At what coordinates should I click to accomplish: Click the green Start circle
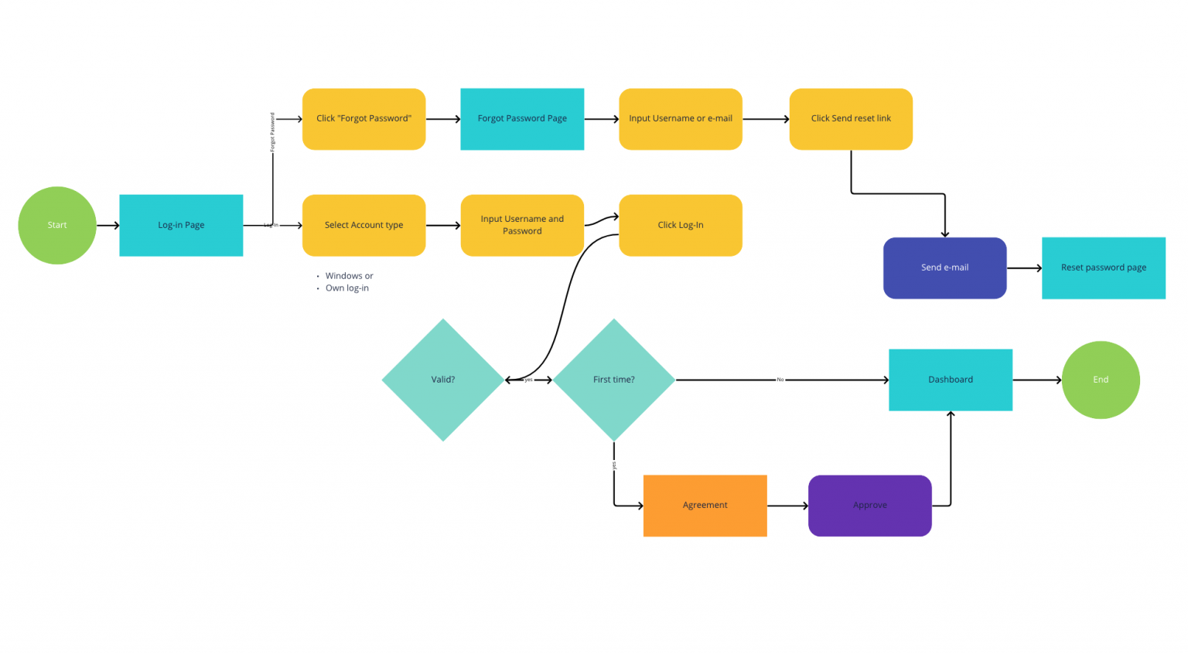pos(57,225)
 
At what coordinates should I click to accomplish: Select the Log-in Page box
pos(181,225)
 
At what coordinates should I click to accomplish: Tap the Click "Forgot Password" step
pos(364,118)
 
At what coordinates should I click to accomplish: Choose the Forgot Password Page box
pos(522,118)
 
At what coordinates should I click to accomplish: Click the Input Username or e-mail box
pos(681,118)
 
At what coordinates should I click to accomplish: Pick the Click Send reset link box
pos(851,118)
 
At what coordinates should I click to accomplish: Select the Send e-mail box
pos(944,267)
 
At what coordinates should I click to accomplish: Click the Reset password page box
pos(1103,267)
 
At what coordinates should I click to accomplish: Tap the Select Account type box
pos(364,225)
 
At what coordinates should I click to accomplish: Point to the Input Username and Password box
pos(522,225)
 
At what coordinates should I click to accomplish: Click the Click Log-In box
pos(681,225)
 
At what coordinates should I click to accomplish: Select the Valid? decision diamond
pos(443,380)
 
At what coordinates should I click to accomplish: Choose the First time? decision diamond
pos(614,380)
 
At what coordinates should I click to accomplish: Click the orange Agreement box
pos(705,505)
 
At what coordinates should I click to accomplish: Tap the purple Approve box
pos(870,505)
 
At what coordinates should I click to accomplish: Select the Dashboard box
pos(951,380)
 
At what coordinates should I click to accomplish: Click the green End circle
pos(1101,380)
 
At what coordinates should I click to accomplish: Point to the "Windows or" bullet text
pos(349,276)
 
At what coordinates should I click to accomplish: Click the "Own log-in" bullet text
pos(346,288)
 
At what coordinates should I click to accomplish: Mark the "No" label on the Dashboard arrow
pos(780,380)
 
